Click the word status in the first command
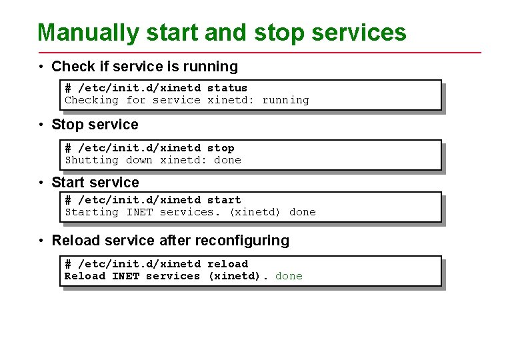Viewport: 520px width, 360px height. click(x=227, y=88)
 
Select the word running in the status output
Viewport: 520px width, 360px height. click(x=285, y=100)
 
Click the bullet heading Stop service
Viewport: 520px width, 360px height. click(x=95, y=125)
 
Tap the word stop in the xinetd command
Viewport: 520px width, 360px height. click(x=221, y=148)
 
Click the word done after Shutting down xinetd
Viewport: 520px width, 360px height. click(x=227, y=160)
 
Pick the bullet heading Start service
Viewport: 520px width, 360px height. click(x=95, y=183)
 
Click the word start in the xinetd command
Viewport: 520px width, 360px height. click(x=224, y=200)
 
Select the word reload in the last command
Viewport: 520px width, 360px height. click(x=227, y=264)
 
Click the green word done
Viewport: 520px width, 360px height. click(x=289, y=276)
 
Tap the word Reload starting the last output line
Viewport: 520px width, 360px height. click(x=85, y=276)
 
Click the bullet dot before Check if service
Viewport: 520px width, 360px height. click(x=41, y=67)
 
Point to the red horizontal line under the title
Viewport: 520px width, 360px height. click(x=260, y=52)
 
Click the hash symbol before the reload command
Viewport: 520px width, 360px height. click(x=68, y=264)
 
